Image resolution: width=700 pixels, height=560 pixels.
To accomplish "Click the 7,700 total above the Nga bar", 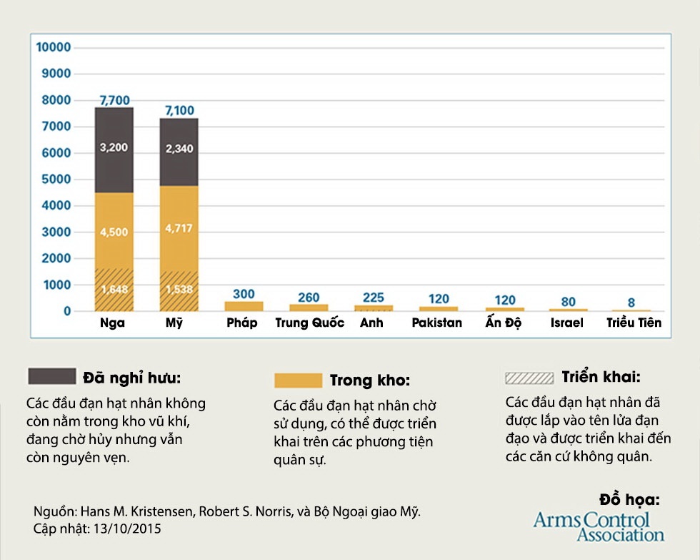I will tap(114, 100).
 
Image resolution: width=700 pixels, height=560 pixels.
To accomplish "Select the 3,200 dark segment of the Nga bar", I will tap(114, 149).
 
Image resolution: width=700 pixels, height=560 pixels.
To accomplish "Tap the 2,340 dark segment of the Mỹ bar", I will tap(179, 149).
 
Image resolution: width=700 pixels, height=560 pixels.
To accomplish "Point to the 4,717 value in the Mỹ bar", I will tap(179, 229).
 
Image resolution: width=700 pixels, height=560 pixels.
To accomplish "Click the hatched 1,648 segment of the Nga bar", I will tap(114, 290).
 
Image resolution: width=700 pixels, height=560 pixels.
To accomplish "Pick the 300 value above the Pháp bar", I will tap(244, 294).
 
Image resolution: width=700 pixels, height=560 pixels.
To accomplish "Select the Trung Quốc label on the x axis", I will tap(309, 323).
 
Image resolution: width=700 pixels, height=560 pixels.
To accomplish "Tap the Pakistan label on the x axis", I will tap(436, 323).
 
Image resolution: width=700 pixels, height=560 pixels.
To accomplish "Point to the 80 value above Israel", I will tap(568, 302).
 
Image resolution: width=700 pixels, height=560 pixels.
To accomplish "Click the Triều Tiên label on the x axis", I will tap(634, 323).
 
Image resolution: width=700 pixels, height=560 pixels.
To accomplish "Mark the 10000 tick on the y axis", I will tap(54, 48).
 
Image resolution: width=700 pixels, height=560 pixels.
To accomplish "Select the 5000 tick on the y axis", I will tap(56, 180).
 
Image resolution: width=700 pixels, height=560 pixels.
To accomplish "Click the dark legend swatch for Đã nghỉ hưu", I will tap(51, 376).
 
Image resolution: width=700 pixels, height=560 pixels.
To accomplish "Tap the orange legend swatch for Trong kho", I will tap(298, 380).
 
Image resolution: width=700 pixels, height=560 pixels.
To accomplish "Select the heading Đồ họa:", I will tap(629, 499).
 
